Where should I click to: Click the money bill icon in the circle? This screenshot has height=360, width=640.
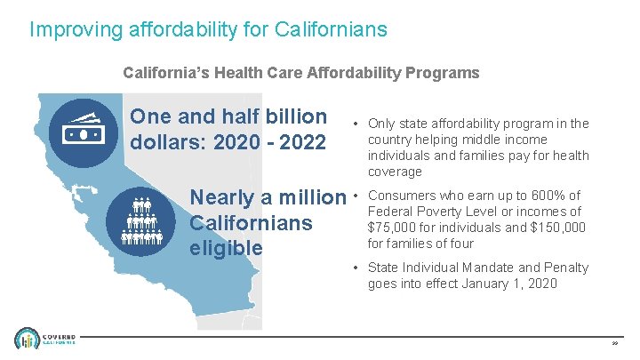tap(82, 131)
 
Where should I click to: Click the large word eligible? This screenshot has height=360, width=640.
tap(227, 247)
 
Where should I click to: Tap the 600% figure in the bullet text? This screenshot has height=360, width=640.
tap(545, 196)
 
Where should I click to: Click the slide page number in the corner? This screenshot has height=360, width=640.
tap(615, 342)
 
